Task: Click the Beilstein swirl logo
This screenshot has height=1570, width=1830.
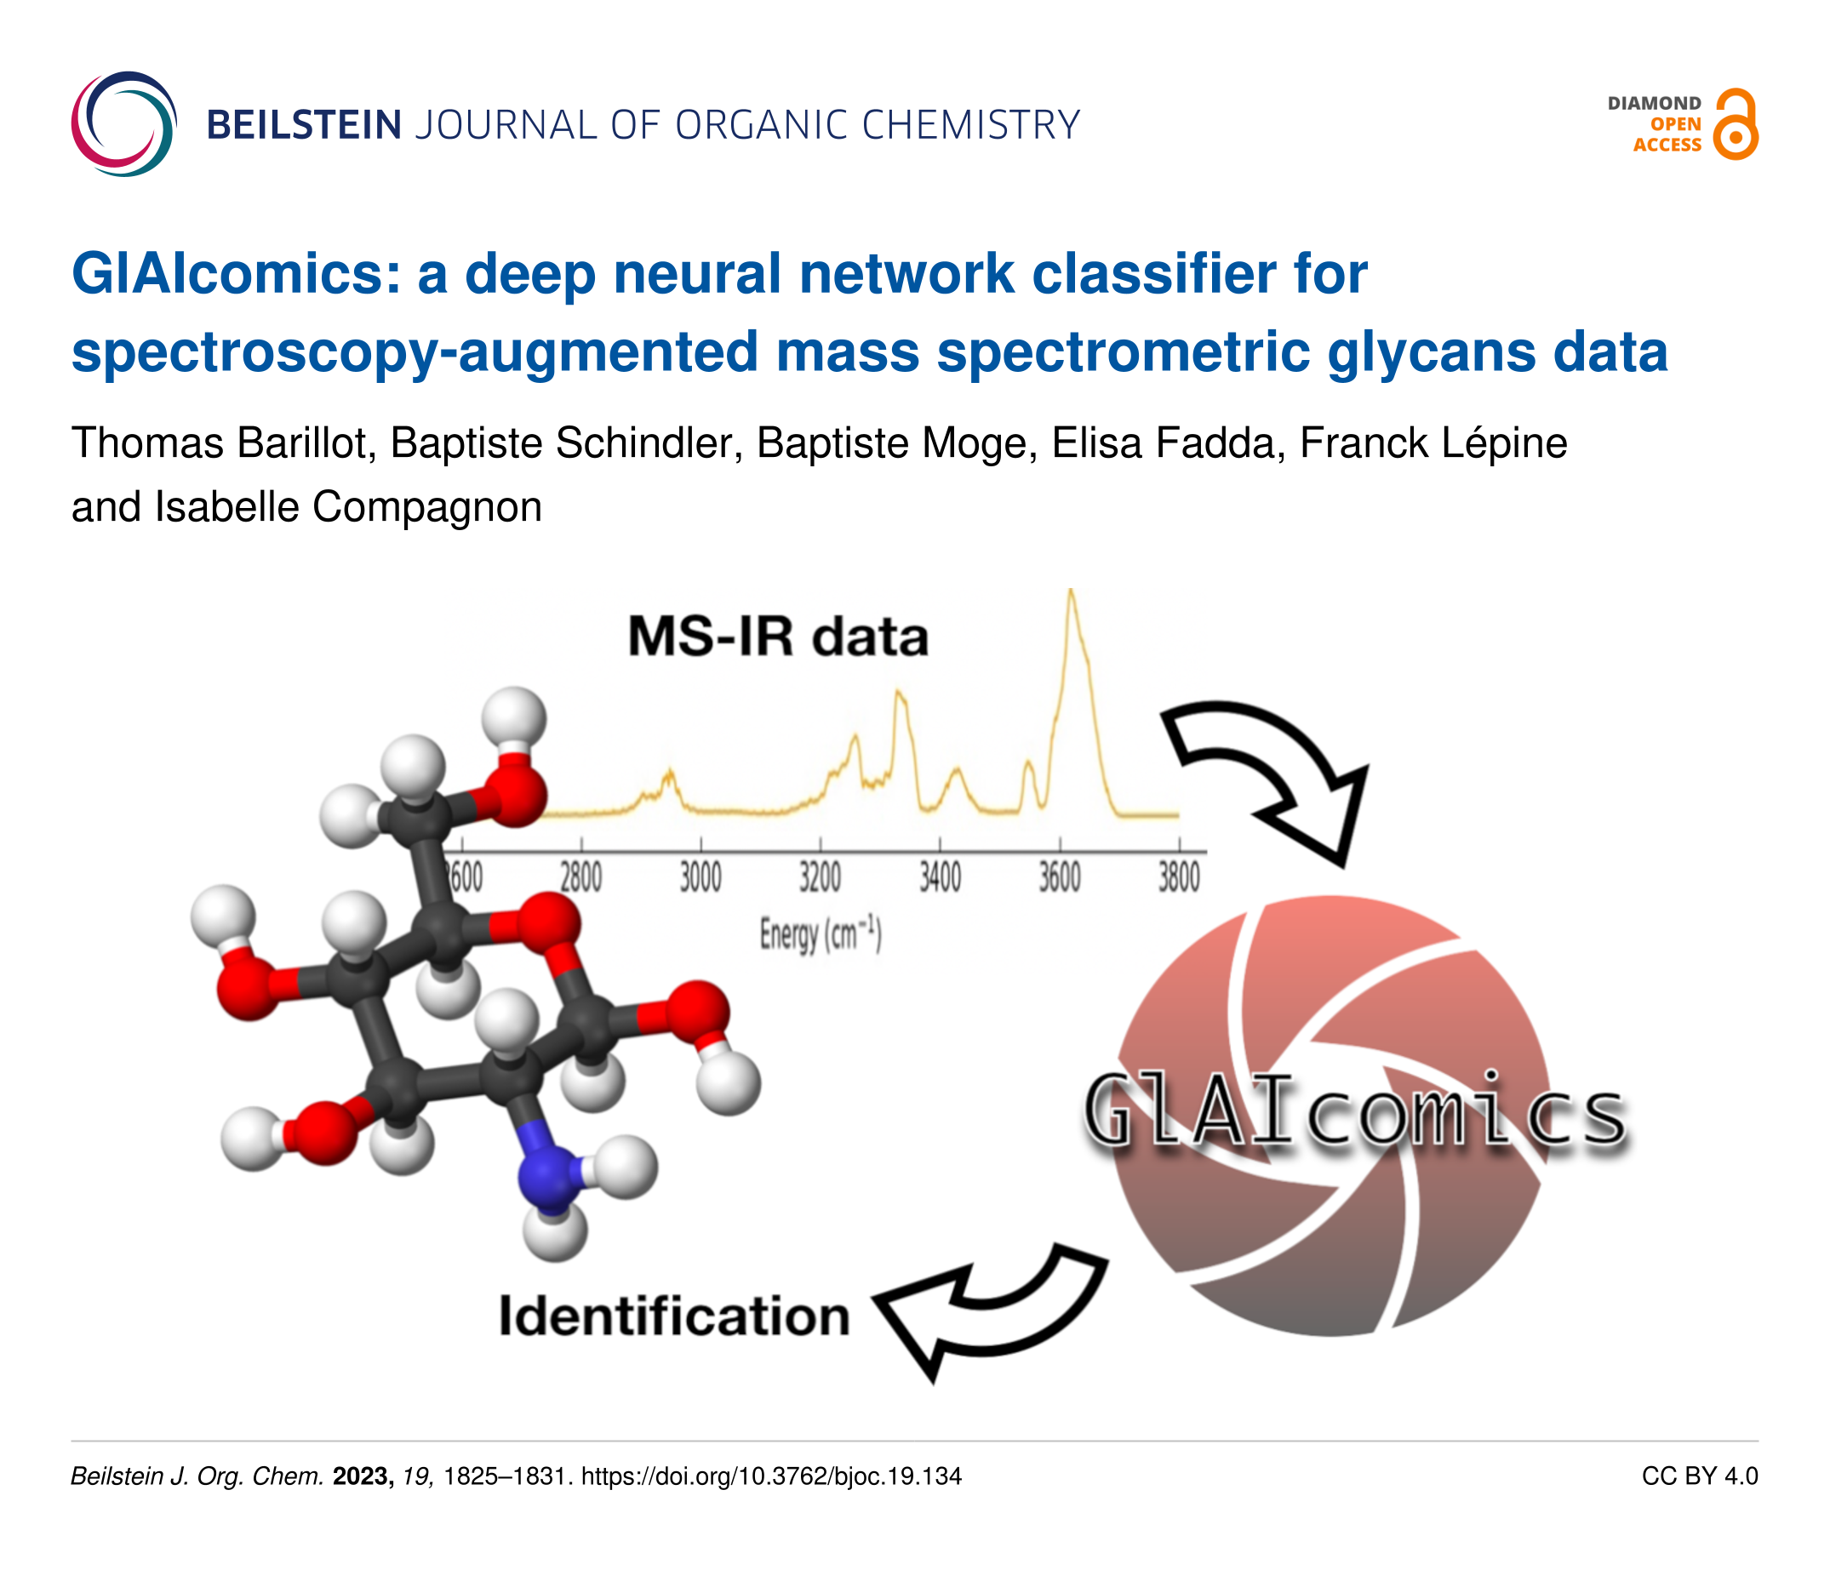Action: click(x=123, y=123)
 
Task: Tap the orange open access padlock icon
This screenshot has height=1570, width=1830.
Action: click(x=1735, y=124)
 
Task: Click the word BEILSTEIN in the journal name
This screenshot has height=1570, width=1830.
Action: click(x=304, y=125)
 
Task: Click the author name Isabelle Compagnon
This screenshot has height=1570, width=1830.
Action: click(x=348, y=508)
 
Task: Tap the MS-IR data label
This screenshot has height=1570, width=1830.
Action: click(x=778, y=637)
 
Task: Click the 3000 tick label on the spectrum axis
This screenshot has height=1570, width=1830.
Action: click(x=701, y=877)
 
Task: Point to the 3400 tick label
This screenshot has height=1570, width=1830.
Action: click(x=940, y=877)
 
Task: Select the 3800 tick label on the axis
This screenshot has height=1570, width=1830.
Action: click(x=1179, y=877)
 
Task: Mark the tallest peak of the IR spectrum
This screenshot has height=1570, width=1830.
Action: click(x=1071, y=591)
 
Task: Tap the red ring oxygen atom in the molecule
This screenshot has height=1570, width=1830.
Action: click(x=548, y=925)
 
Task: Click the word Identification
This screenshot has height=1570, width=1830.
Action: click(x=674, y=1316)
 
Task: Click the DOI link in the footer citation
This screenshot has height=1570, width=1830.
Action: click(x=771, y=1476)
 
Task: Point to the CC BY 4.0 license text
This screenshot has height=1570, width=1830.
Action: click(x=1700, y=1476)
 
